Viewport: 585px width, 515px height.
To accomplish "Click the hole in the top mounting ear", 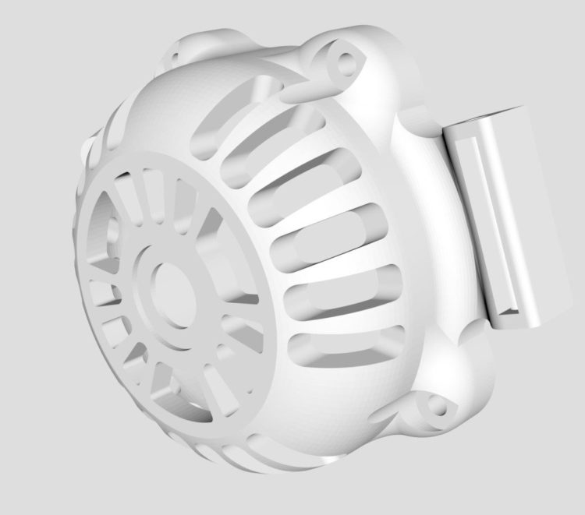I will coord(343,58).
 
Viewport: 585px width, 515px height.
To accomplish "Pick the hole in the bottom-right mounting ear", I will coord(438,406).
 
